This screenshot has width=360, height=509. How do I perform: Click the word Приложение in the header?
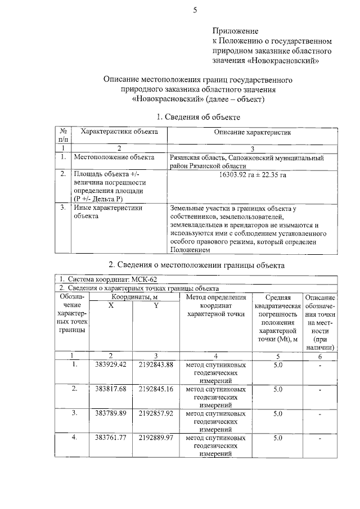[235, 30]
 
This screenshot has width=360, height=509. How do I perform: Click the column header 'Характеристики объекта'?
[119, 132]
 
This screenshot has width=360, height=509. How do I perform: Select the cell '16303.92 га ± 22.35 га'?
[252, 175]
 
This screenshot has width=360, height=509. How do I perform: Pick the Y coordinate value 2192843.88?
[156, 365]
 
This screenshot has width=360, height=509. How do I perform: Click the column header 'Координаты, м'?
[133, 297]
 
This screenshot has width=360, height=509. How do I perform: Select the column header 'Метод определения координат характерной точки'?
[215, 305]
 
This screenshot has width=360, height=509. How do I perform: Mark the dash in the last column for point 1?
[319, 366]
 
